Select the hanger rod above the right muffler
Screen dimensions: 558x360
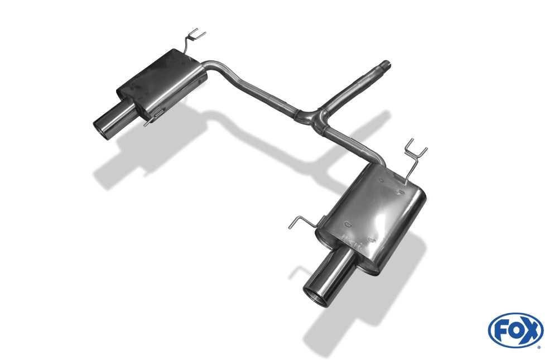click(415, 157)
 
